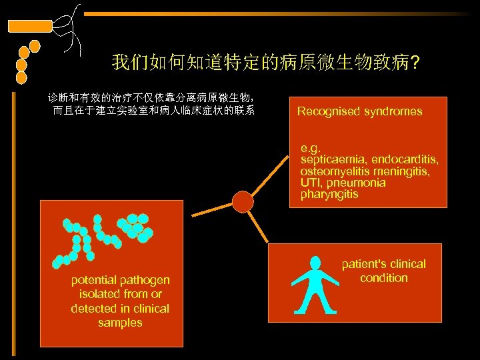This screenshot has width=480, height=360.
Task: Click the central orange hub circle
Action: click(x=243, y=201)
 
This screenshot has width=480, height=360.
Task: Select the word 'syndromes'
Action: click(x=393, y=111)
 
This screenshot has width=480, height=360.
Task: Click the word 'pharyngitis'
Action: click(x=329, y=194)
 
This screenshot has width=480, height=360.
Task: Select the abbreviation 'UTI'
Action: click(x=310, y=183)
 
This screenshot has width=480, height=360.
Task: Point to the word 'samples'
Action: click(x=120, y=323)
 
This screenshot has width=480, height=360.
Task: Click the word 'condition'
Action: click(x=383, y=278)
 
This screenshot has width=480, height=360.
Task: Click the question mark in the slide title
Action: click(x=415, y=64)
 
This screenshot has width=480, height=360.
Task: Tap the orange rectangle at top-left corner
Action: click(x=29, y=27)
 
